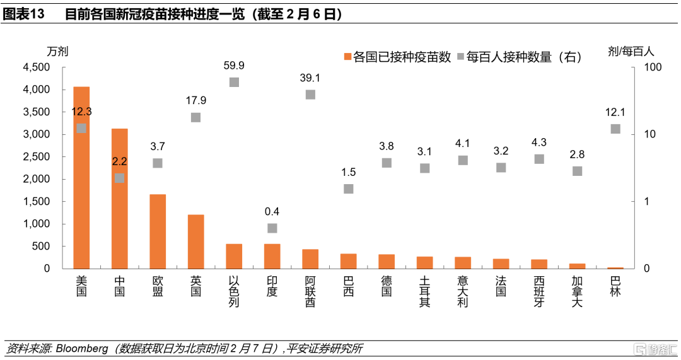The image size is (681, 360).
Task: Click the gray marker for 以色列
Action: point(234,82)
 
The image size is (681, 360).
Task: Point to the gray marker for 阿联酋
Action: point(310,95)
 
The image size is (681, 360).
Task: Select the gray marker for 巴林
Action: point(615,129)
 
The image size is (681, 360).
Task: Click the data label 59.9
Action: point(234,66)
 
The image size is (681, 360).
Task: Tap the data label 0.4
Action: point(272,211)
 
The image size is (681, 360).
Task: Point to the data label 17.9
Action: point(195,100)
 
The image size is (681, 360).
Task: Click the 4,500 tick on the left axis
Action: point(37,67)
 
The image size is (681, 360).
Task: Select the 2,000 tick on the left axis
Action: point(37,180)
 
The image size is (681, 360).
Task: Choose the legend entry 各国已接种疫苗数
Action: point(397,57)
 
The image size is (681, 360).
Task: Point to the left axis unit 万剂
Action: point(57,51)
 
